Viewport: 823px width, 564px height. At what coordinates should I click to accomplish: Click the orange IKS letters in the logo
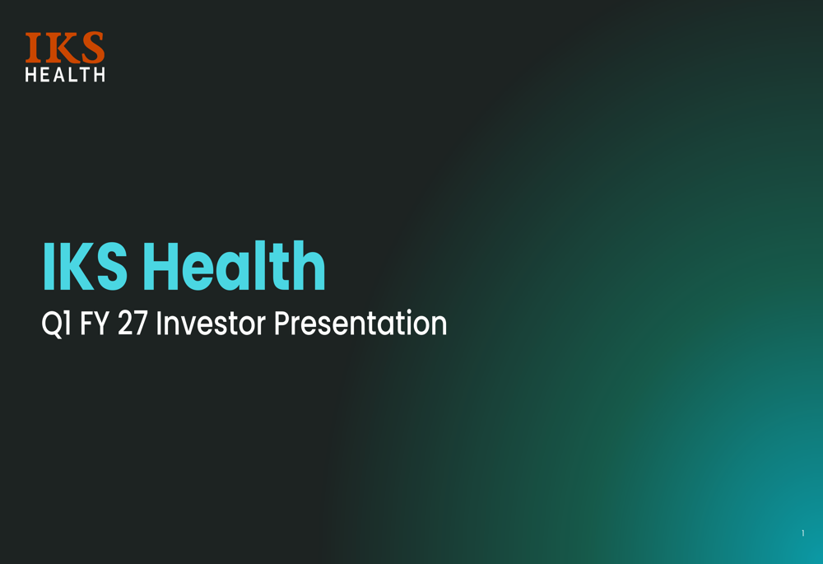(x=65, y=47)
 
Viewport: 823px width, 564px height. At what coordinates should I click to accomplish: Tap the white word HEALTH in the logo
(x=65, y=75)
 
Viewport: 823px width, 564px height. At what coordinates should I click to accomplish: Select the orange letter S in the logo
(x=93, y=47)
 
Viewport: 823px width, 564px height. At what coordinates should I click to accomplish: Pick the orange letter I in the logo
(x=33, y=48)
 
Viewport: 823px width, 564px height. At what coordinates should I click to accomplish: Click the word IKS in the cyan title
(x=85, y=266)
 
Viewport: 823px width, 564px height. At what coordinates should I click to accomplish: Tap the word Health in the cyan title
(x=234, y=265)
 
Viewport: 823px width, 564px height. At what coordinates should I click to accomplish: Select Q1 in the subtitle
(x=56, y=324)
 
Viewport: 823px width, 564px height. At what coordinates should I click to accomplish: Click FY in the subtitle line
(x=94, y=323)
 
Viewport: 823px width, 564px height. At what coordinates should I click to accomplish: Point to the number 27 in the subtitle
(x=133, y=323)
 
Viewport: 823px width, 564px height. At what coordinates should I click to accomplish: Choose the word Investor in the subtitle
(x=211, y=323)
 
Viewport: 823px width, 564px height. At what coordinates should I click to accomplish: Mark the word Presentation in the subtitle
(x=360, y=323)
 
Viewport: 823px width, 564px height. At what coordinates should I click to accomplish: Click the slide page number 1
(x=802, y=533)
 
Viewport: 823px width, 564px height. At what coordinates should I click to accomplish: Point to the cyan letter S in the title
(x=111, y=267)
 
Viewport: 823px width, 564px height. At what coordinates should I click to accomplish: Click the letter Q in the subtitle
(x=51, y=324)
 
